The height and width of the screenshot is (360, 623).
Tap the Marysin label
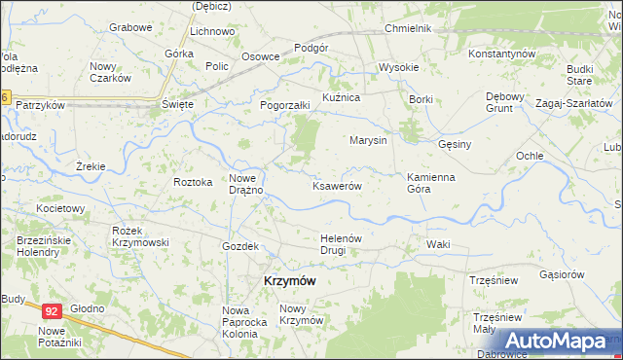pos(369,140)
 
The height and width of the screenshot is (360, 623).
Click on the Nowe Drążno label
pos(246,183)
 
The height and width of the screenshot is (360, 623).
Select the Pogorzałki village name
pos(284,105)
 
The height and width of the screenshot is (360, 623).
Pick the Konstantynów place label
pos(502,53)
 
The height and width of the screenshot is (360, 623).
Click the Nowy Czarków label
pos(110,72)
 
